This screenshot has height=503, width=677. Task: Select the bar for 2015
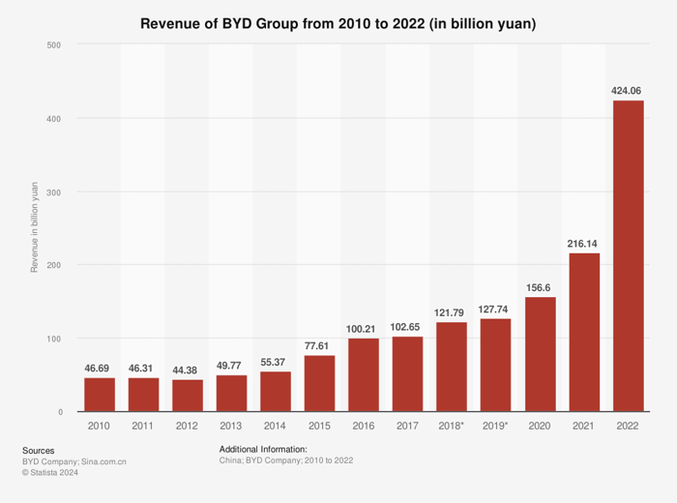coord(319,384)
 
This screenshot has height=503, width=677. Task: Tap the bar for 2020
coord(540,354)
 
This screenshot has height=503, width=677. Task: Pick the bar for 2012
coord(187,396)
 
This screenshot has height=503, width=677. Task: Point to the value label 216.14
coord(583,244)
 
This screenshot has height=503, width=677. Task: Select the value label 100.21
coord(364,329)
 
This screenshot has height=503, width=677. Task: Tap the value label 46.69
coord(99,369)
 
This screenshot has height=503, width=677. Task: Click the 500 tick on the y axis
coord(54,44)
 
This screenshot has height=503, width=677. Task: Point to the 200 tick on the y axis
coord(54,265)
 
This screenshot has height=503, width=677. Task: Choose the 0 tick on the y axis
coord(60,412)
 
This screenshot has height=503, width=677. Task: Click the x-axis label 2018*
coord(452,426)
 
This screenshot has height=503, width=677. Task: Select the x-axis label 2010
coord(99,426)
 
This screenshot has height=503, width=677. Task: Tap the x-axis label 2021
coord(583,426)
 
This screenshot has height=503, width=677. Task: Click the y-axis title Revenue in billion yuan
coord(34,228)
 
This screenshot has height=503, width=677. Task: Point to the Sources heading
coord(38,450)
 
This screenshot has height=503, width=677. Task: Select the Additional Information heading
coord(263,450)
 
